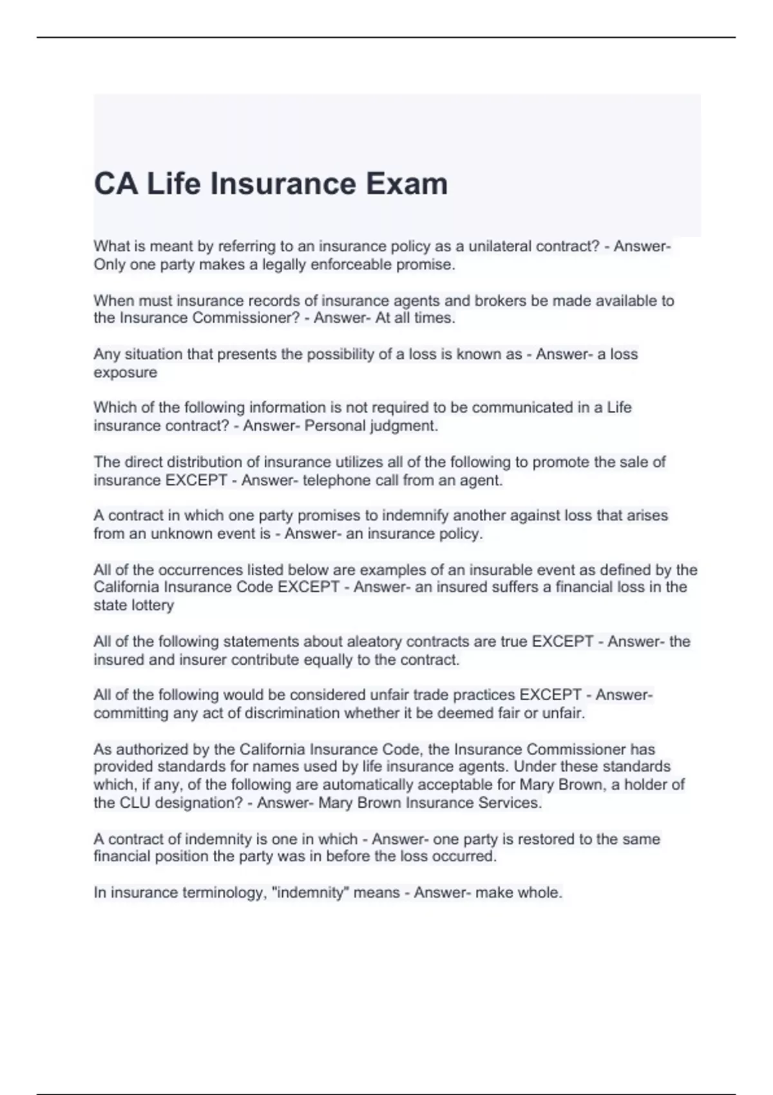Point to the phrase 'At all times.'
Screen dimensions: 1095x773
(415, 318)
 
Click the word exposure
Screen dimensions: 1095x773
(126, 373)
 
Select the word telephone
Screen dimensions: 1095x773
(334, 481)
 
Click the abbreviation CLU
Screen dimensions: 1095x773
(136, 803)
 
